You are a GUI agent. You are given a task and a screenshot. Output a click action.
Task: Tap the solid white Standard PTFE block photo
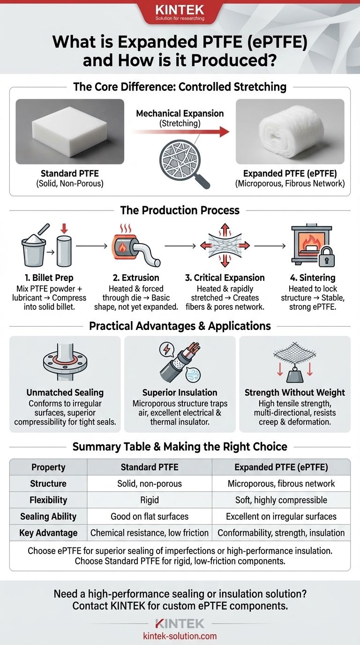click(70, 131)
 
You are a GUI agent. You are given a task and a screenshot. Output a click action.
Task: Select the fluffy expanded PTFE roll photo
click(290, 131)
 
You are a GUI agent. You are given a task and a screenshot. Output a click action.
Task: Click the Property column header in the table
click(48, 467)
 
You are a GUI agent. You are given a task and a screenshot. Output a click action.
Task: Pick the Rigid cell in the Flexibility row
click(150, 500)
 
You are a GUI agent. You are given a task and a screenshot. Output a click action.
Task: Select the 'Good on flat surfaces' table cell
click(150, 517)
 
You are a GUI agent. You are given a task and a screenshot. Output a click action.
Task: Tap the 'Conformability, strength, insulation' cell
click(281, 533)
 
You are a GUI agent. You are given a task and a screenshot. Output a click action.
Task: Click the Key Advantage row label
click(48, 533)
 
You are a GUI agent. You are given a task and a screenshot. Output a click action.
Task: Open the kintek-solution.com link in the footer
click(180, 636)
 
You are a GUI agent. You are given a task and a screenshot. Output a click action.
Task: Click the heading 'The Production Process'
click(180, 210)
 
